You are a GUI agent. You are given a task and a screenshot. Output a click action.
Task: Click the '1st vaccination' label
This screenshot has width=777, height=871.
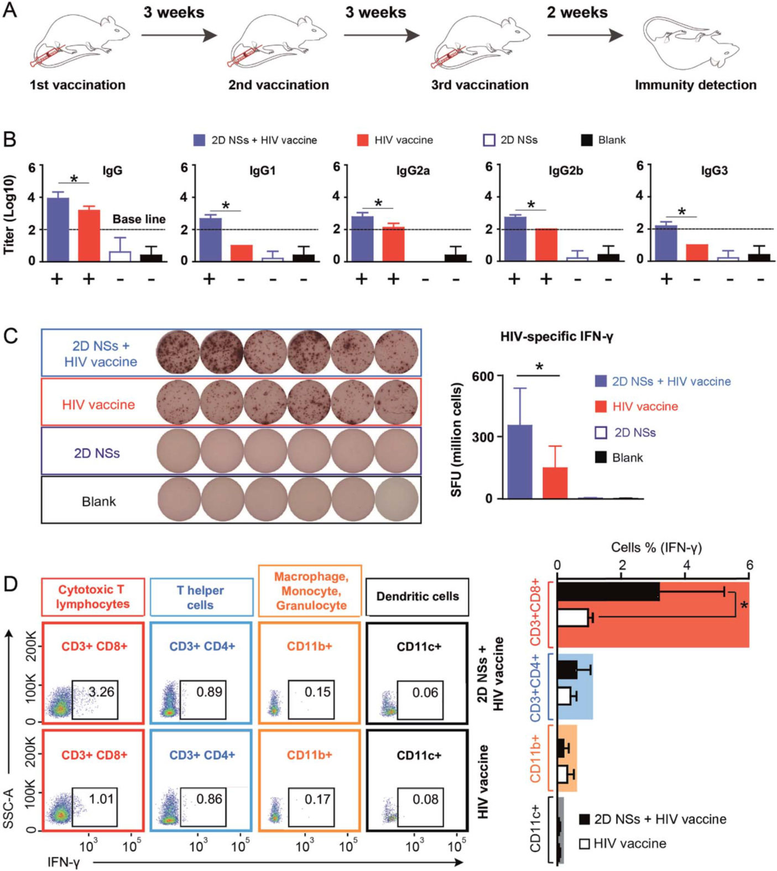[x=77, y=85]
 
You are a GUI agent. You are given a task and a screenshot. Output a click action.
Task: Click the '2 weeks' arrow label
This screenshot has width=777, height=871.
[x=577, y=13]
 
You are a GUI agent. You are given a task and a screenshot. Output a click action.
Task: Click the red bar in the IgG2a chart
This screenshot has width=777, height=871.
[x=393, y=243]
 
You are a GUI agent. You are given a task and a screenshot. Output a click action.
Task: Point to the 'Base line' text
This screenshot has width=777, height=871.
[x=139, y=219]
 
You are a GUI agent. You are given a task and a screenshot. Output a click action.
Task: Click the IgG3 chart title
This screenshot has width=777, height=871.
[x=714, y=170]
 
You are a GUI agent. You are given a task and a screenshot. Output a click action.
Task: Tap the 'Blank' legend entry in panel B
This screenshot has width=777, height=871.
[x=604, y=140]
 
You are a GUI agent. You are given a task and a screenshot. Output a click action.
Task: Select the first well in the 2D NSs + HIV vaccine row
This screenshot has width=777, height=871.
[x=178, y=352]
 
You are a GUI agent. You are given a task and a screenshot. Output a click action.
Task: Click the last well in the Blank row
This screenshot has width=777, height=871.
[x=397, y=500]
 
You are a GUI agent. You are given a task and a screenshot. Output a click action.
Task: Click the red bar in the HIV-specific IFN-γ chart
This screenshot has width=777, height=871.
[x=555, y=483]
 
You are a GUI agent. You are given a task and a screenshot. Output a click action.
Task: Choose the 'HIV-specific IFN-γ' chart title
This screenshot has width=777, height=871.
[x=556, y=336]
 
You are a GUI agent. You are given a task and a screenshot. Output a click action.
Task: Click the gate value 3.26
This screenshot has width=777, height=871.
[x=101, y=692]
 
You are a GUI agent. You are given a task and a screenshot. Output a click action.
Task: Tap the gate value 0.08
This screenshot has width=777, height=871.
[x=425, y=799]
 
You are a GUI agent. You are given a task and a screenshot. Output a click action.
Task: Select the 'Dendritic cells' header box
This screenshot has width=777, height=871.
[x=418, y=597]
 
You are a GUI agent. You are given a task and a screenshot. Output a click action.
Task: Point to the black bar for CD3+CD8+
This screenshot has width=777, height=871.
[x=608, y=592]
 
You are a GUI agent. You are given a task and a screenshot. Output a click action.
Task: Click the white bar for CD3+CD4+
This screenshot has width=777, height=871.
[x=564, y=696]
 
